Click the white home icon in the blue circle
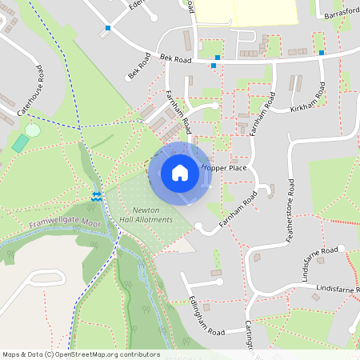(180, 172)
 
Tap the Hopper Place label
(225, 169)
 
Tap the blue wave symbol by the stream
(97, 195)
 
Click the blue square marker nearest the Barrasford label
(322, 53)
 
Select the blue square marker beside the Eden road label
(108, 29)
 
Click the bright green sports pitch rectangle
(20, 143)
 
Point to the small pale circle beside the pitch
(33, 129)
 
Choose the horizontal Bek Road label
(176, 58)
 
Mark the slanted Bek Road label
(139, 67)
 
